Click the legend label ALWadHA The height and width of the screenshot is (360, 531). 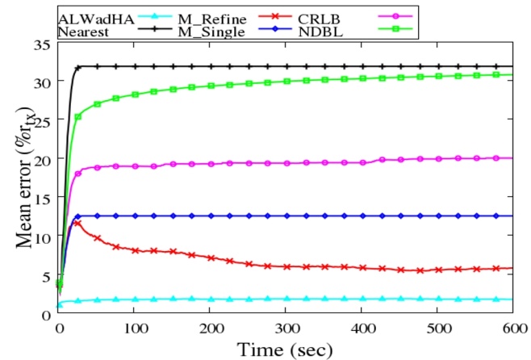click(x=87, y=15)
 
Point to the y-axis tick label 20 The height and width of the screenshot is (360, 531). click(x=41, y=159)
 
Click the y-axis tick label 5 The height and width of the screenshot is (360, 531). click(x=45, y=274)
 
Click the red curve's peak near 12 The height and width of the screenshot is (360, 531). click(x=77, y=222)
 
